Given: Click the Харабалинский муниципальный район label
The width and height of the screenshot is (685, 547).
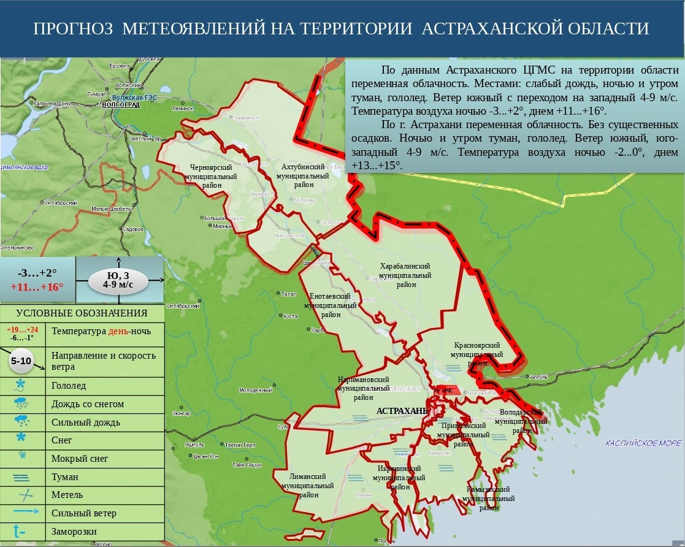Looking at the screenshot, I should pyautogui.click(x=405, y=275).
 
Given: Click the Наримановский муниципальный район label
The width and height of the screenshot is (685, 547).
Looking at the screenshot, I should pyautogui.click(x=364, y=388).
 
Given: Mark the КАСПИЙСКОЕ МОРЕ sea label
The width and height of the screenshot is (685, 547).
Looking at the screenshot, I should pyautogui.click(x=642, y=443).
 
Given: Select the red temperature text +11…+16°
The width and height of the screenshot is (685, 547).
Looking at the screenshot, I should pyautogui.click(x=37, y=286).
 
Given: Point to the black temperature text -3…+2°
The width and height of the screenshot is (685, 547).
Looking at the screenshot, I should pyautogui.click(x=37, y=273).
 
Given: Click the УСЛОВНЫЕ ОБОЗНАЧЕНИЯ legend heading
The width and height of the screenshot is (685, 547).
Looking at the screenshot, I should pyautogui.click(x=82, y=313).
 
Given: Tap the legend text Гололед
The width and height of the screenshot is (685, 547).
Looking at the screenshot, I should pyautogui.click(x=69, y=386).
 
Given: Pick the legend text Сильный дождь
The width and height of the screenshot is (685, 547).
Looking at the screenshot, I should pyautogui.click(x=86, y=422).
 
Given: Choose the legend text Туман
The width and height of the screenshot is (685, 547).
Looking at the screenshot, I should pyautogui.click(x=65, y=476).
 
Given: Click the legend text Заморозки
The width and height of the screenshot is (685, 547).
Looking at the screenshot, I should pyautogui.click(x=74, y=531).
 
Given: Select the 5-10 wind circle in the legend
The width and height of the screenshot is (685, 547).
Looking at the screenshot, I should pyautogui.click(x=21, y=361).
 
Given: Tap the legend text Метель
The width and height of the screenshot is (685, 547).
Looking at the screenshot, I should pyautogui.click(x=67, y=495).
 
